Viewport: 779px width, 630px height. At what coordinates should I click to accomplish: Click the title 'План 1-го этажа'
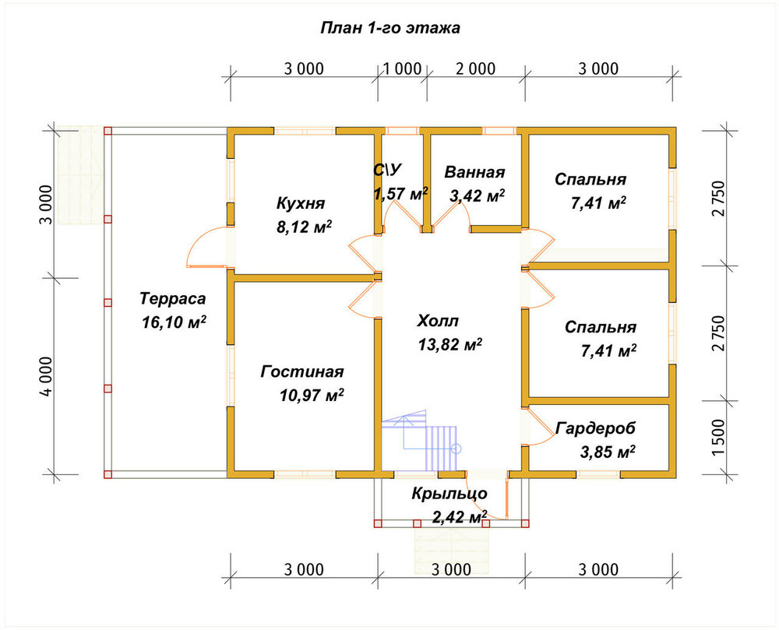pos(390,28)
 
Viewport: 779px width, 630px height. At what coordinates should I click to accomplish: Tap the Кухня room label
pos(300,203)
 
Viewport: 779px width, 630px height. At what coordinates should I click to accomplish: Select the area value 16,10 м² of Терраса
pos(174,322)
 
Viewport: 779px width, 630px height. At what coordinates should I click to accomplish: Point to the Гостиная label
pos(302,371)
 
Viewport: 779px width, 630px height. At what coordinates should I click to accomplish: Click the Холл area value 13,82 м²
pos(449,344)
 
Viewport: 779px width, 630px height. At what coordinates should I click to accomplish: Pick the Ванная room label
pos(474,172)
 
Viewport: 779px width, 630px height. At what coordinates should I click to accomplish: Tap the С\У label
pos(387,171)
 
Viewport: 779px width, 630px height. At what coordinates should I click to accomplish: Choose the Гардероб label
pos(595,428)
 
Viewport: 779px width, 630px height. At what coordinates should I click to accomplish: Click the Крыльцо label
pos(449,494)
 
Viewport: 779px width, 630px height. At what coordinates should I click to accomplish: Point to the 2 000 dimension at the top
pos(475,69)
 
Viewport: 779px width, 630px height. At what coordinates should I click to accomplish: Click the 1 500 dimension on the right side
pos(719,438)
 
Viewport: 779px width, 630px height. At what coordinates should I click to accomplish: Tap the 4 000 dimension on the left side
pos(46,376)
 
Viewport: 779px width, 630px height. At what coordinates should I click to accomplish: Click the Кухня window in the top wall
pos(305,131)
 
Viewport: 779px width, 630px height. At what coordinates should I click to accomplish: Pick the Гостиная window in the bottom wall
pos(305,474)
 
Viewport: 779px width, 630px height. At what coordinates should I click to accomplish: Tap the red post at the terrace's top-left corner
pos(108,131)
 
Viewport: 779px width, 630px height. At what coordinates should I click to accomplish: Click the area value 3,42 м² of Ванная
pos(477,195)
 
